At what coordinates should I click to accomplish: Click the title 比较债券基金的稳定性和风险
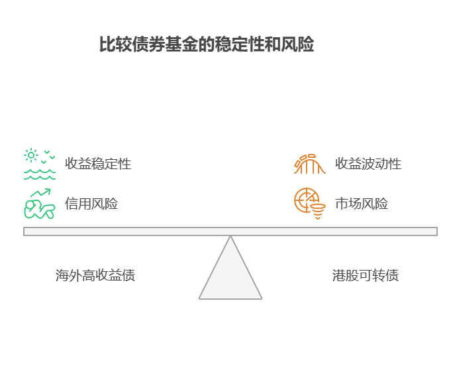click(x=206, y=45)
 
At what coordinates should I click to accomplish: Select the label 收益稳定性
click(x=98, y=164)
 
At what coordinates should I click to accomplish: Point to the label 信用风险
click(x=91, y=204)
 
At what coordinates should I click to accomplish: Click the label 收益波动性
click(x=368, y=164)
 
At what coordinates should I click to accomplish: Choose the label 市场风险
click(x=361, y=204)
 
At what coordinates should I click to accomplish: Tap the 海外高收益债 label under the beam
click(x=95, y=275)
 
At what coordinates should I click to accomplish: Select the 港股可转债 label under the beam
click(x=365, y=275)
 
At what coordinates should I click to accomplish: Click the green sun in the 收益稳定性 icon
click(x=31, y=156)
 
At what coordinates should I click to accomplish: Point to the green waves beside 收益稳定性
click(x=40, y=174)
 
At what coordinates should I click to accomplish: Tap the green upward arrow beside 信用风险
click(x=41, y=193)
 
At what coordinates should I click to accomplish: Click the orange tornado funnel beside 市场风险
click(x=319, y=212)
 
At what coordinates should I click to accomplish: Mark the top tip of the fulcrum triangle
click(x=230, y=237)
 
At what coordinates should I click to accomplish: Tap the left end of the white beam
click(x=26, y=231)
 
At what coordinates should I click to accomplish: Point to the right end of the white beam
click(x=434, y=231)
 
